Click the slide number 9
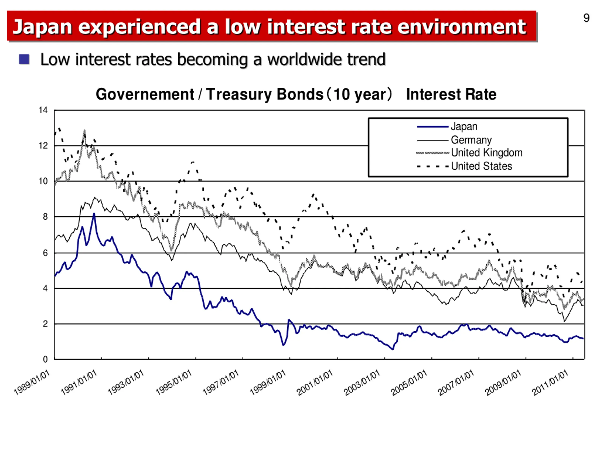pos(586,18)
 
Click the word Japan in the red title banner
pos(42,27)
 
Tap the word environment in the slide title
pos(461,27)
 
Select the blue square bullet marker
pos(24,59)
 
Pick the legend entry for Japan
pos(464,127)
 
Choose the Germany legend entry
pos(471,140)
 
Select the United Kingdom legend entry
pos(486,153)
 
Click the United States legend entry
pos(481,166)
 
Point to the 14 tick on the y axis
pos(43,110)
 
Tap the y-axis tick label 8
pos(45,217)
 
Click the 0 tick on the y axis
pos(45,359)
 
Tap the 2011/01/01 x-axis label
pos(550,383)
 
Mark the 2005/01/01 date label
pos(409,383)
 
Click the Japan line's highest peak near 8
pos(94,214)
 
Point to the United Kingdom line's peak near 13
pos(84,131)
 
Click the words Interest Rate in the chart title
pos(451,94)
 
